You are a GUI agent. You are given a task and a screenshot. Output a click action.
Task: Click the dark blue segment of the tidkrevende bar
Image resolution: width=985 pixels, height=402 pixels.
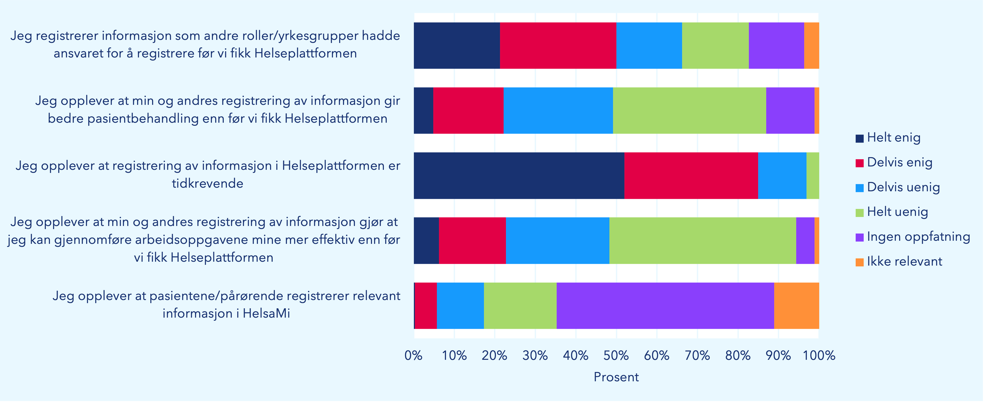point(519,176)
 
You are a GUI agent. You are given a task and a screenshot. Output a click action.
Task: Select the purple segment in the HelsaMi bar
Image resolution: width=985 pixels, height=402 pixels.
point(665,306)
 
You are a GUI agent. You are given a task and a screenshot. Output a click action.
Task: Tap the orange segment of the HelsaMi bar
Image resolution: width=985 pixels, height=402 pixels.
point(796,306)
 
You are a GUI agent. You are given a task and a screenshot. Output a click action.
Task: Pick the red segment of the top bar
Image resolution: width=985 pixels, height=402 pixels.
point(558,46)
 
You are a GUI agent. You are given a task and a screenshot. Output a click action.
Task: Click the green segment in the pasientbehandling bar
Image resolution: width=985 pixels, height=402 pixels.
point(689,111)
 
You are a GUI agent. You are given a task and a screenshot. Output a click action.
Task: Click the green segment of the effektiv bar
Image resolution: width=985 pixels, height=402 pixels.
point(703,240)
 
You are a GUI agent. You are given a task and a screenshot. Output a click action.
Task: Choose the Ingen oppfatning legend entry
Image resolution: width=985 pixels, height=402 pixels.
point(918,237)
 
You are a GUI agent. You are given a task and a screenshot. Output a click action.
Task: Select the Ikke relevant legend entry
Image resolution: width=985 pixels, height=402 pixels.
point(904,262)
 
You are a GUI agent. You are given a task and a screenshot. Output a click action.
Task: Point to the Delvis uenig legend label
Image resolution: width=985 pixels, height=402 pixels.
point(903,187)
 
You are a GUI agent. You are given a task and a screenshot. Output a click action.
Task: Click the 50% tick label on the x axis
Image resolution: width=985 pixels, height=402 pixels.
point(616,356)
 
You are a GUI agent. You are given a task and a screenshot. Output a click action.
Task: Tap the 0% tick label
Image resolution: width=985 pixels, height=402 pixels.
point(413,356)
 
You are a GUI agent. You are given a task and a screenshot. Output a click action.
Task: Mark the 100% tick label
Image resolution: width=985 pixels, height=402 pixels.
point(819,356)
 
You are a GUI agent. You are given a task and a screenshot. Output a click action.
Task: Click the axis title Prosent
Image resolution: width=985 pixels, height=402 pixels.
point(616,377)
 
